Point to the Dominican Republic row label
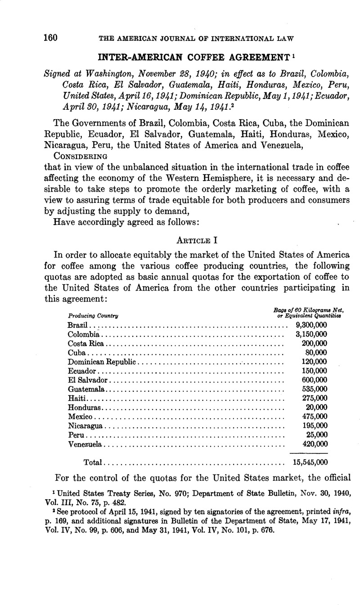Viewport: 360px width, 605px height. coord(102,362)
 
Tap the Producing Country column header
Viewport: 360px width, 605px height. coord(90,316)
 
